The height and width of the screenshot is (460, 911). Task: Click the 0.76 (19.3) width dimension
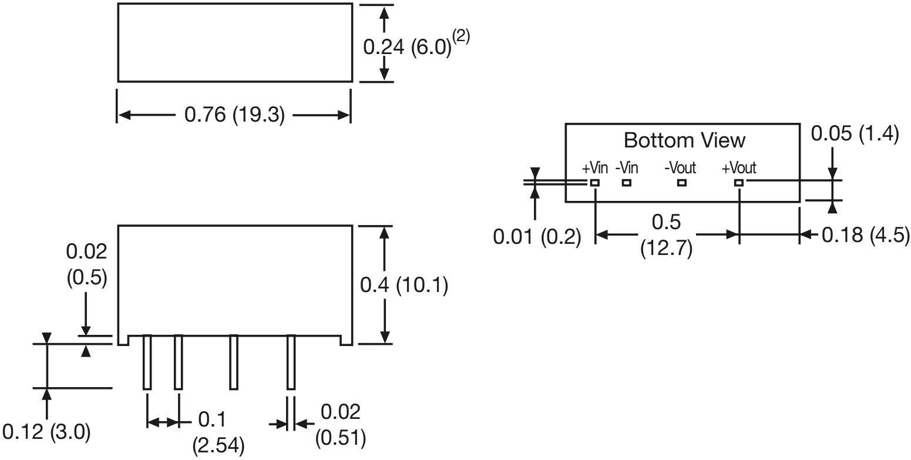point(234,115)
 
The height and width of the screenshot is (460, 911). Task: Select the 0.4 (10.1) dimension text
point(404,286)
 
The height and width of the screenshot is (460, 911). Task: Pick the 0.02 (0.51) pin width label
point(340,425)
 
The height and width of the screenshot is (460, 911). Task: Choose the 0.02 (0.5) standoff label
point(86,265)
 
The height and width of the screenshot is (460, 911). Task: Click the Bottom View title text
point(684,140)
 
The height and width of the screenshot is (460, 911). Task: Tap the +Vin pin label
point(594,168)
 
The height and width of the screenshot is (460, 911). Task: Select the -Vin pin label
point(627,168)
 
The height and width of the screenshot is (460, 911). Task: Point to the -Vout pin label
point(680,168)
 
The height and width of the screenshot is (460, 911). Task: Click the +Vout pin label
point(739,168)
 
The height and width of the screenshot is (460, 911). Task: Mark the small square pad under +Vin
point(595,183)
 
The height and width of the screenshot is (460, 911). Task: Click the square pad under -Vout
point(681,183)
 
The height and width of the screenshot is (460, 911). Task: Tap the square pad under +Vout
point(739,183)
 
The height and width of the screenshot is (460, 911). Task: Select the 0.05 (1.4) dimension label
point(855,134)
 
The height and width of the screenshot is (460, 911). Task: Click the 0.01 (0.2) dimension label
point(537,237)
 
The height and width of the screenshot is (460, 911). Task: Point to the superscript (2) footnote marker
point(461,36)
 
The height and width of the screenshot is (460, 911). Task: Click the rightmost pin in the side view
point(291,361)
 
